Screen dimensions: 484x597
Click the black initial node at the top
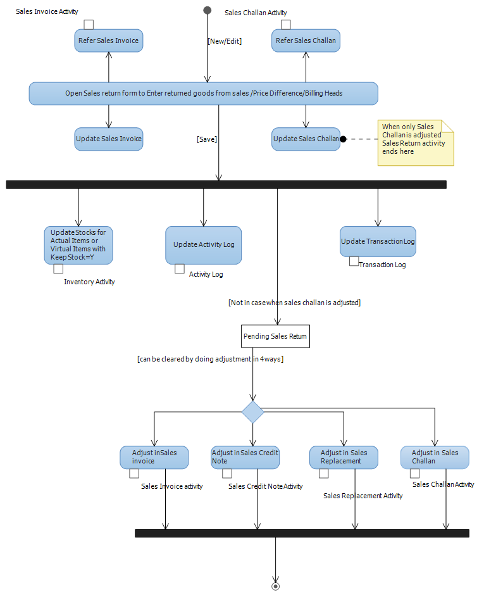click(208, 10)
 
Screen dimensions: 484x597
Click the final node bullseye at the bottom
click(275, 586)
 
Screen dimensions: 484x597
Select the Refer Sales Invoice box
click(108, 41)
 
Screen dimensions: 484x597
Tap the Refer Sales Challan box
click(306, 41)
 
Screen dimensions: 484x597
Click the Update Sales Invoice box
click(108, 139)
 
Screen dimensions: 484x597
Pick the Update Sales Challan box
click(306, 139)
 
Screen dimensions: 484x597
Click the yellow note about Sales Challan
click(416, 143)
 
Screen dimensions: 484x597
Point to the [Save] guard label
click(207, 139)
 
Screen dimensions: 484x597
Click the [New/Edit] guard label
click(225, 41)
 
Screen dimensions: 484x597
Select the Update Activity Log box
click(203, 245)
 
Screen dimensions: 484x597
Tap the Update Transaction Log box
click(378, 241)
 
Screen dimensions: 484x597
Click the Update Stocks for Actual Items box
click(78, 245)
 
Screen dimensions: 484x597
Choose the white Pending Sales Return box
click(275, 336)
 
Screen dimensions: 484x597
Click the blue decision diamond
click(252, 412)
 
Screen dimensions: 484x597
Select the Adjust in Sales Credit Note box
click(245, 457)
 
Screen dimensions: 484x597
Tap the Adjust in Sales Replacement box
click(344, 457)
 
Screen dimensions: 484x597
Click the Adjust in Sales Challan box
click(435, 457)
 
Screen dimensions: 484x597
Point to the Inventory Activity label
click(89, 282)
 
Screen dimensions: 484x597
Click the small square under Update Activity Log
click(180, 269)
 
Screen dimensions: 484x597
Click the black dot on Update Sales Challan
click(343, 139)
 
